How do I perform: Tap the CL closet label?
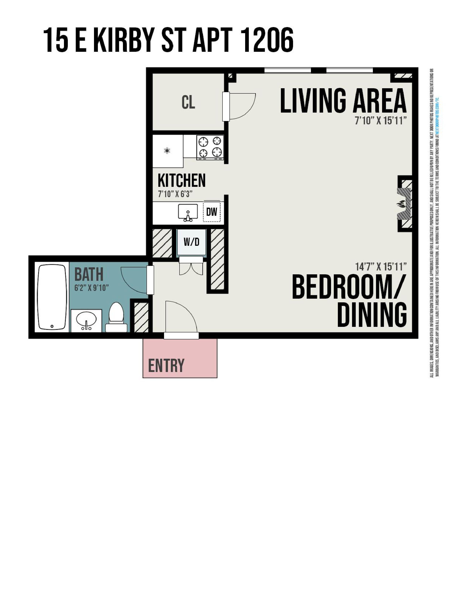(x=188, y=102)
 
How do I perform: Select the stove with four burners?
(x=210, y=147)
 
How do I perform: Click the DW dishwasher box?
(x=212, y=212)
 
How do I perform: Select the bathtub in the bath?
(x=52, y=297)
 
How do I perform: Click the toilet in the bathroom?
(x=116, y=318)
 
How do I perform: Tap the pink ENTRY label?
(x=166, y=366)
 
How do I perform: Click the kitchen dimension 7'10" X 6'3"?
(x=175, y=194)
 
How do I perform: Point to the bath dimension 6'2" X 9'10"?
(x=91, y=288)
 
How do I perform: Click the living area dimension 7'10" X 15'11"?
(x=381, y=121)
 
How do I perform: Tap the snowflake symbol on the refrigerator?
(x=167, y=151)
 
